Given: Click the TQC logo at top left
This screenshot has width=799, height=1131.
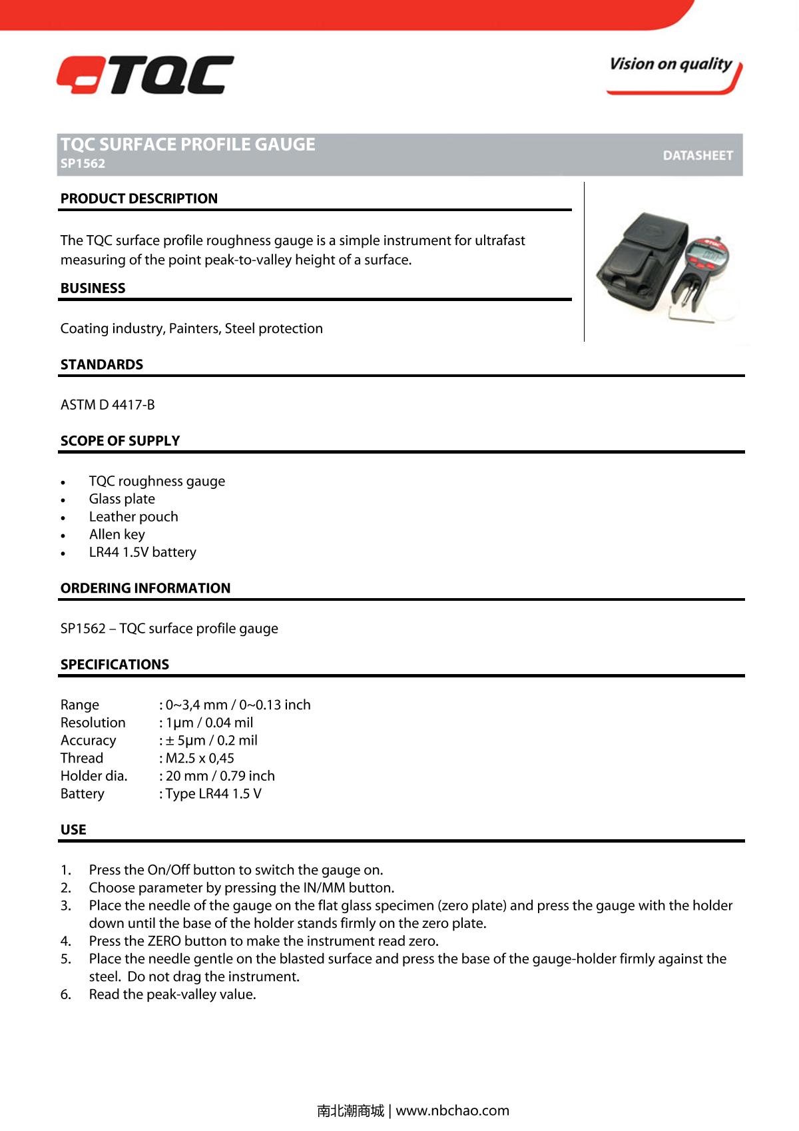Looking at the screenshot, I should click(145, 75).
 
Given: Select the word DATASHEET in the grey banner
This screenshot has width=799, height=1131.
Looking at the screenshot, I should click(697, 155).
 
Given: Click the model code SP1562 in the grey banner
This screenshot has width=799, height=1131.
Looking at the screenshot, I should click(83, 164).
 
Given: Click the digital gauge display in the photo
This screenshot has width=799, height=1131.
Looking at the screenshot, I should click(704, 252).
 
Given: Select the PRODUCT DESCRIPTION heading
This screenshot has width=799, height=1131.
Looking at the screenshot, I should click(138, 198).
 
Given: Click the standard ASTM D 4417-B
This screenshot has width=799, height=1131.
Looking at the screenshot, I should click(107, 405).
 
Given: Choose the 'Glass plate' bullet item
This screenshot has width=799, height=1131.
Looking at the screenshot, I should click(122, 499).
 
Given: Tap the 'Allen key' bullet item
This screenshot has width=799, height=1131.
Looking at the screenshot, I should click(117, 534).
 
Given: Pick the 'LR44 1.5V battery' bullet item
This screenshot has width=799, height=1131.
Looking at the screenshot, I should click(142, 552).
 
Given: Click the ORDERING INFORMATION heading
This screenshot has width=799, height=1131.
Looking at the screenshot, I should click(145, 588).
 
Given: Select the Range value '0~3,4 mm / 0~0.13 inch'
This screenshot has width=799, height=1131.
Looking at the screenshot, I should click(238, 705).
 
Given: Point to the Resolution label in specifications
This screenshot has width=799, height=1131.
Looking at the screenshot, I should click(93, 723).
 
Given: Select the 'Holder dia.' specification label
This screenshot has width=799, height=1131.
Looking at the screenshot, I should click(93, 776).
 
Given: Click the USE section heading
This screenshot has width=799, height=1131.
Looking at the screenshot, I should click(73, 830).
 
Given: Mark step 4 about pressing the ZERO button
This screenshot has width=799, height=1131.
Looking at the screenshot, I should click(264, 941).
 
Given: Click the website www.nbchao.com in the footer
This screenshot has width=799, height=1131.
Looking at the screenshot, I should click(452, 1110).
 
